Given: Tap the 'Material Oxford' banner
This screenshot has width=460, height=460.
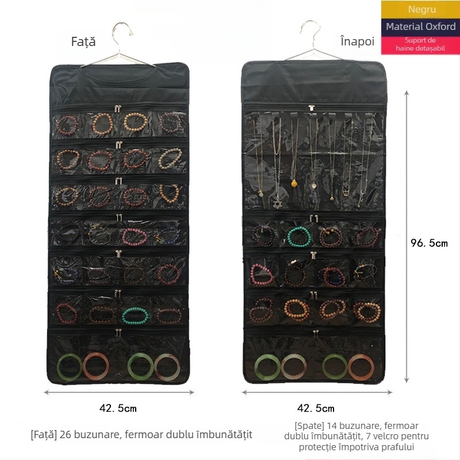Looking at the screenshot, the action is pos(420,26).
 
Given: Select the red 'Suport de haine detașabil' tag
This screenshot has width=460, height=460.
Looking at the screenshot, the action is pos(420,45).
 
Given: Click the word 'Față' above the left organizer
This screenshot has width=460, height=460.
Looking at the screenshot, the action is pos(83,42).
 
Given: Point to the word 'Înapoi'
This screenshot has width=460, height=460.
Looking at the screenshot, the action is pos(357,41).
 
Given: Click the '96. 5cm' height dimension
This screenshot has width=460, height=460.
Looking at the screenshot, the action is pos(429,243).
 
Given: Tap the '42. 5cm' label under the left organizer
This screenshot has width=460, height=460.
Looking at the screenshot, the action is pos(118,408).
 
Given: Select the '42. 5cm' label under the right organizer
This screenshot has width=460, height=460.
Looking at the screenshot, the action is pos(316,408).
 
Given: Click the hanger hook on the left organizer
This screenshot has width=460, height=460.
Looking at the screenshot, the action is pos(121,32).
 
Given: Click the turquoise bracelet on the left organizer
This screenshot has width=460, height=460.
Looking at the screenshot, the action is pos(135,316).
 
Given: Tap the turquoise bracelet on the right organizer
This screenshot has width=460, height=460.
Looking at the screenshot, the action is pos(299,236).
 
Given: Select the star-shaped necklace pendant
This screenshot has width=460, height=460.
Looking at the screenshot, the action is pos(277,203).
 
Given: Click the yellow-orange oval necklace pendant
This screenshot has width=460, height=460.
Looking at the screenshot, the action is pos(294,183).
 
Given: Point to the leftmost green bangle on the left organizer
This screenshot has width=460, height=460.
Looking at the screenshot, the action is pos(70,367).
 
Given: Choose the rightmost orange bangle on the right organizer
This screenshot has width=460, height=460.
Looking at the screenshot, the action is pos(361,367).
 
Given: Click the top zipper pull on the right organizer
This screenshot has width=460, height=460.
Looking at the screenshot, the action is pos(312,108).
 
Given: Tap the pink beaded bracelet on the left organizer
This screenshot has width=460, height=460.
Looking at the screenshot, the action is pos(135,237).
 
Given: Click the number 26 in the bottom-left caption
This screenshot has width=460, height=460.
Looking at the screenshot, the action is pos(66,435).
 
